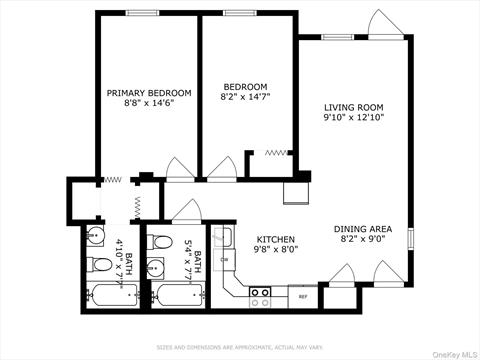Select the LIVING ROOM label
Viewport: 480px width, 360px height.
354,106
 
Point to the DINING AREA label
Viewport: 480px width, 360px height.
362,229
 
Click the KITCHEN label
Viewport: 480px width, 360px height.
274,240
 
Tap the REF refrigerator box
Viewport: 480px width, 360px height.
303,296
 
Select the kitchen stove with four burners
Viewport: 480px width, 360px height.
260,295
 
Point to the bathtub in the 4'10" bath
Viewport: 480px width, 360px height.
111,296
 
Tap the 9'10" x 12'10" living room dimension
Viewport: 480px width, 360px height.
354,117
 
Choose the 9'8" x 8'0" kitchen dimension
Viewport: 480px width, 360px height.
274,251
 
